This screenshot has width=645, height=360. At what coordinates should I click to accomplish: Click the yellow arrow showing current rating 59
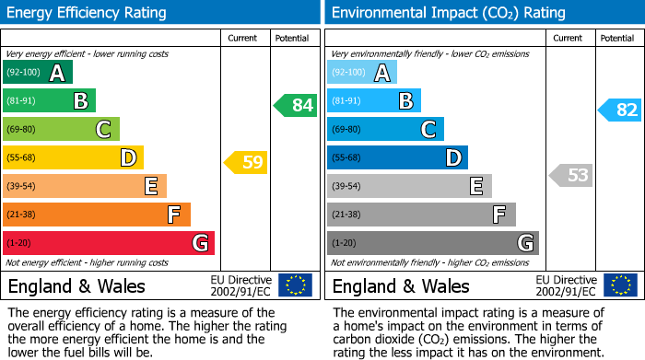point(246,163)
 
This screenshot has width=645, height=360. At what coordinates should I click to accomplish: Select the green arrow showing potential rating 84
point(295,105)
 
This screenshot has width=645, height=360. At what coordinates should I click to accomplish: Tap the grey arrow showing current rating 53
point(571,175)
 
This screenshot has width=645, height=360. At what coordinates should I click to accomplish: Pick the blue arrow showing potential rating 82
point(620,110)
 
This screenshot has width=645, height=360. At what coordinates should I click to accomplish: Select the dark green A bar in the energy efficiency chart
point(37,73)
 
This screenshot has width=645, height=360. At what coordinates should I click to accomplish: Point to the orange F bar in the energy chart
point(96,215)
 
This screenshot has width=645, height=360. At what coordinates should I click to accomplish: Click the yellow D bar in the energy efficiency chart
point(73,157)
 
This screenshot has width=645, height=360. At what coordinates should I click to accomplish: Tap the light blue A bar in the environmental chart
point(361,73)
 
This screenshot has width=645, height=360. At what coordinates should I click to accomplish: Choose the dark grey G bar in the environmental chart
point(432,243)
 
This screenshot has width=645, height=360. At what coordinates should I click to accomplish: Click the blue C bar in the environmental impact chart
point(385,129)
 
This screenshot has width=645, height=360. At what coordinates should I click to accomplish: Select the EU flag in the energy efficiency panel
point(295,285)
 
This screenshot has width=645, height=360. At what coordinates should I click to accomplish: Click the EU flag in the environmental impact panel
point(619,285)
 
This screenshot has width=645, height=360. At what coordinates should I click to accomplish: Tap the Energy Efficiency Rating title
point(87,13)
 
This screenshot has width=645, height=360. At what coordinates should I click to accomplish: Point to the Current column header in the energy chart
point(244,38)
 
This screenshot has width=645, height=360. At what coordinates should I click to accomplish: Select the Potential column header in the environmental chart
point(616,38)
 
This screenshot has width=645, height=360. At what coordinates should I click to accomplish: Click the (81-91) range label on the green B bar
point(21,101)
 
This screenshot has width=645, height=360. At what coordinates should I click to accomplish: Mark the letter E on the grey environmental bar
point(475,186)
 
